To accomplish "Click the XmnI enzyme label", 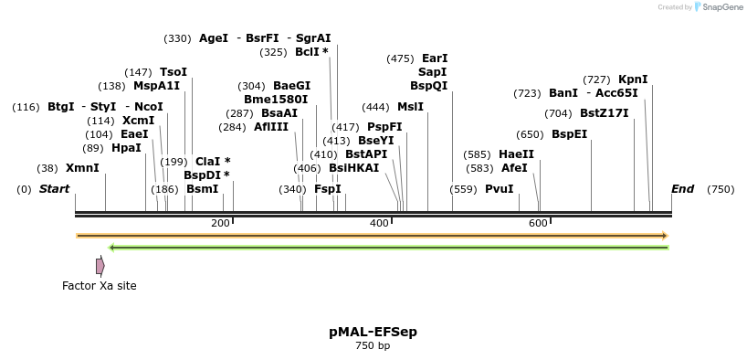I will coord(82,168).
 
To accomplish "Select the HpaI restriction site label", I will coord(126,148).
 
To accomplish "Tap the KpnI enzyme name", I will coord(633,79).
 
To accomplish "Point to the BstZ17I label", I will coord(604,113).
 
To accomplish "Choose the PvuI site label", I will coord(499,189).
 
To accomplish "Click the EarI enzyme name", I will coord(435,58).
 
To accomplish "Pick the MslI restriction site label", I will coord(411,107).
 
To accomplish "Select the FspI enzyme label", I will coord(327,189).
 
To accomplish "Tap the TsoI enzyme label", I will coord(173,72).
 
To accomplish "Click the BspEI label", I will coord(569,134).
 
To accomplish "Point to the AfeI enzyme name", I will coord(514,168).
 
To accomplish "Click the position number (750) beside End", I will coord(720,189).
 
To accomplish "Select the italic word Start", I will coord(54,189).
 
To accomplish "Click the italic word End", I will coord(682,189).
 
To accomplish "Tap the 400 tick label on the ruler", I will coord(379,224).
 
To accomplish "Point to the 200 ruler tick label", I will coord(220,224).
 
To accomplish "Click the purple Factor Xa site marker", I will coord(100,266).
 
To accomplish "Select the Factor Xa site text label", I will coord(99,286).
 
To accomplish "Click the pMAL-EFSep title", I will coord(373,332).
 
